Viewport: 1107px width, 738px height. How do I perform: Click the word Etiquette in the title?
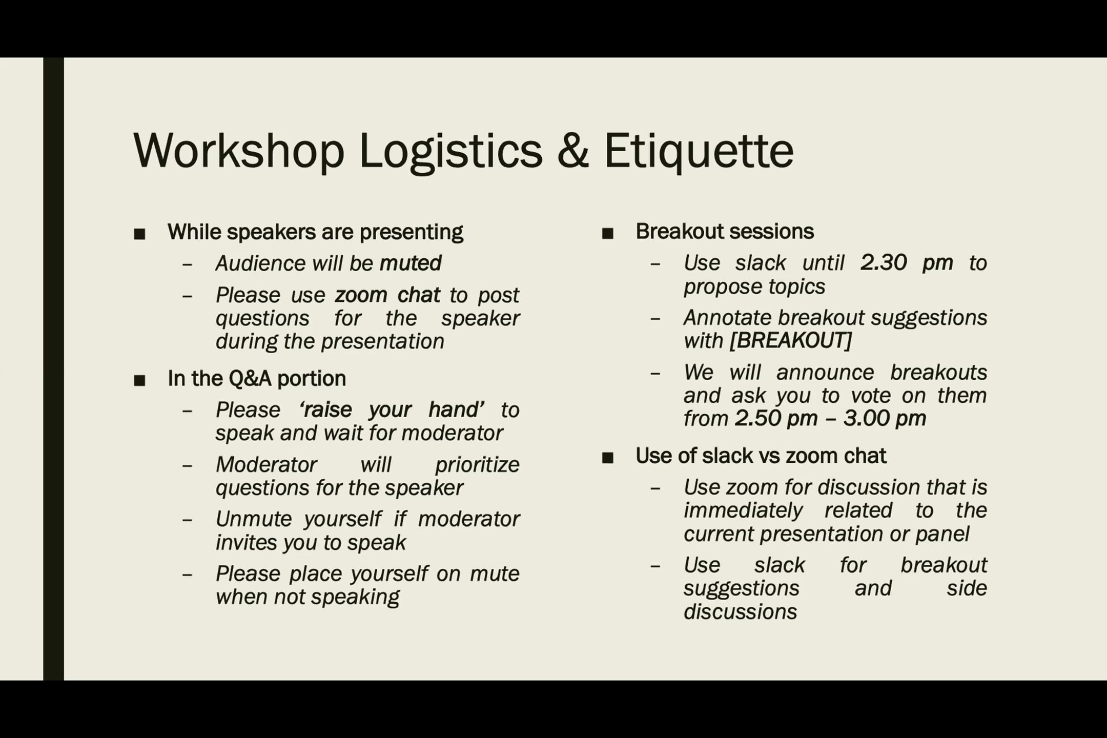tap(699, 151)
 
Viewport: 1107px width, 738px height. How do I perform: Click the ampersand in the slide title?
tap(572, 151)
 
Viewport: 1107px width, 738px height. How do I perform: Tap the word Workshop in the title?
tap(239, 151)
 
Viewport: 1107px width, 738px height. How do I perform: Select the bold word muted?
tap(410, 263)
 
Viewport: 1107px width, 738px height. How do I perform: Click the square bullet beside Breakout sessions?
tap(608, 234)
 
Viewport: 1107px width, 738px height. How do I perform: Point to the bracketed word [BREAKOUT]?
tap(790, 341)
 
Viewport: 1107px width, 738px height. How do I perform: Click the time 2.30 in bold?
tap(884, 263)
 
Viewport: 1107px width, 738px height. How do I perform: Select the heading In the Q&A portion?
tap(257, 379)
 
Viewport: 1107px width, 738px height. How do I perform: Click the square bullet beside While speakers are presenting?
tap(139, 234)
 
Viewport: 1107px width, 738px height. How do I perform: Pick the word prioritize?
tap(477, 465)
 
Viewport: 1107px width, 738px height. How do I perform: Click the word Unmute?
tap(248, 519)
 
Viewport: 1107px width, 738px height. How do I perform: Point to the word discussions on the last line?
tap(740, 612)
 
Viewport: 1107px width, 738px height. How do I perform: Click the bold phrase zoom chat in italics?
tap(387, 295)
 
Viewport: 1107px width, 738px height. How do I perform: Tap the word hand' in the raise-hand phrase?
tap(456, 410)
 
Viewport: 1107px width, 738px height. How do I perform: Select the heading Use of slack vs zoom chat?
tap(761, 456)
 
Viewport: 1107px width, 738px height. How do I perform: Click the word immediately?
tap(743, 510)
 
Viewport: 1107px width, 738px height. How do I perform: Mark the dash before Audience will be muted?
tap(187, 265)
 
